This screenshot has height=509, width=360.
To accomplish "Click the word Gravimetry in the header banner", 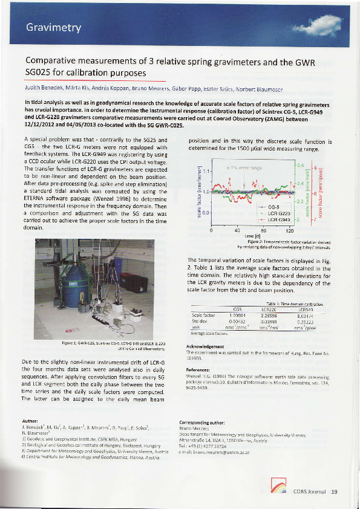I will (x=53, y=28).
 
